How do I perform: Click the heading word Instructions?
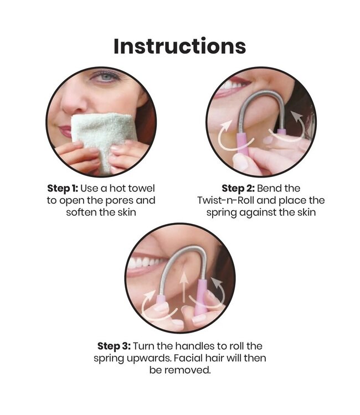[x=180, y=46]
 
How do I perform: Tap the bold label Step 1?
[x=63, y=189]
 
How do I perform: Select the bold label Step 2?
[x=238, y=189]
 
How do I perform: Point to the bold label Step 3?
[x=114, y=346]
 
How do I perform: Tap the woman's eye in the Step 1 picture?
[x=106, y=77]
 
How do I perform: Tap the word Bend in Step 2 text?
[x=267, y=189]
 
